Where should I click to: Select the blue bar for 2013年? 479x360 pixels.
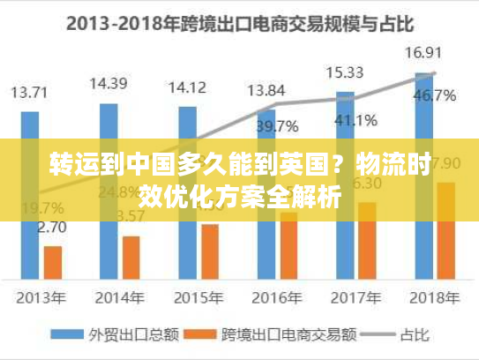[31, 194]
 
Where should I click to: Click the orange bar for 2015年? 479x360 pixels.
[210, 251]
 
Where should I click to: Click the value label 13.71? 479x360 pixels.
[30, 91]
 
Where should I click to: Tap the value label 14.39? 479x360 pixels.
[109, 84]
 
